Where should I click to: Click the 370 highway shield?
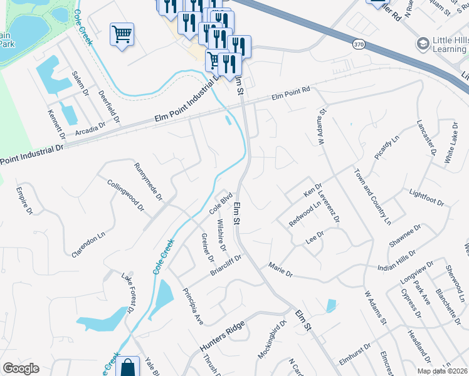359,44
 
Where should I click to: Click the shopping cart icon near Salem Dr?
122,34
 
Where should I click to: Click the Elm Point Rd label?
291,95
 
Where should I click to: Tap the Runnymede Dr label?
149,182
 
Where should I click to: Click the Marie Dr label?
280,270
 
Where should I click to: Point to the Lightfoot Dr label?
426,198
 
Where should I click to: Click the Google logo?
21,368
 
